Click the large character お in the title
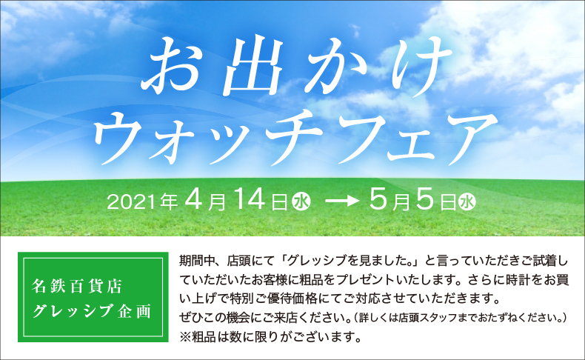(176, 70)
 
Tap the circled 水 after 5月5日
(467, 201)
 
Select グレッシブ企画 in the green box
(91, 310)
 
